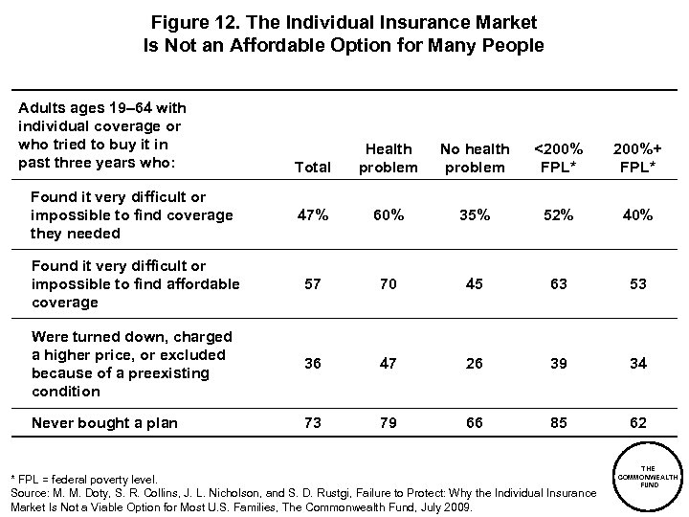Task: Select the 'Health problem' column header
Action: (x=389, y=158)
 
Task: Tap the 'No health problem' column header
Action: (x=475, y=158)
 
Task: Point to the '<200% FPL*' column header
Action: (x=557, y=158)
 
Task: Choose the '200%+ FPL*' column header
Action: (x=636, y=158)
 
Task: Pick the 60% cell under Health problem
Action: (x=389, y=215)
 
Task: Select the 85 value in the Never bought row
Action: (x=557, y=423)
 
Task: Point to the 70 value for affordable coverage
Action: (x=389, y=284)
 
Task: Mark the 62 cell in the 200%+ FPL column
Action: (x=636, y=423)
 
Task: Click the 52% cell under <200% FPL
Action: (x=557, y=215)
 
